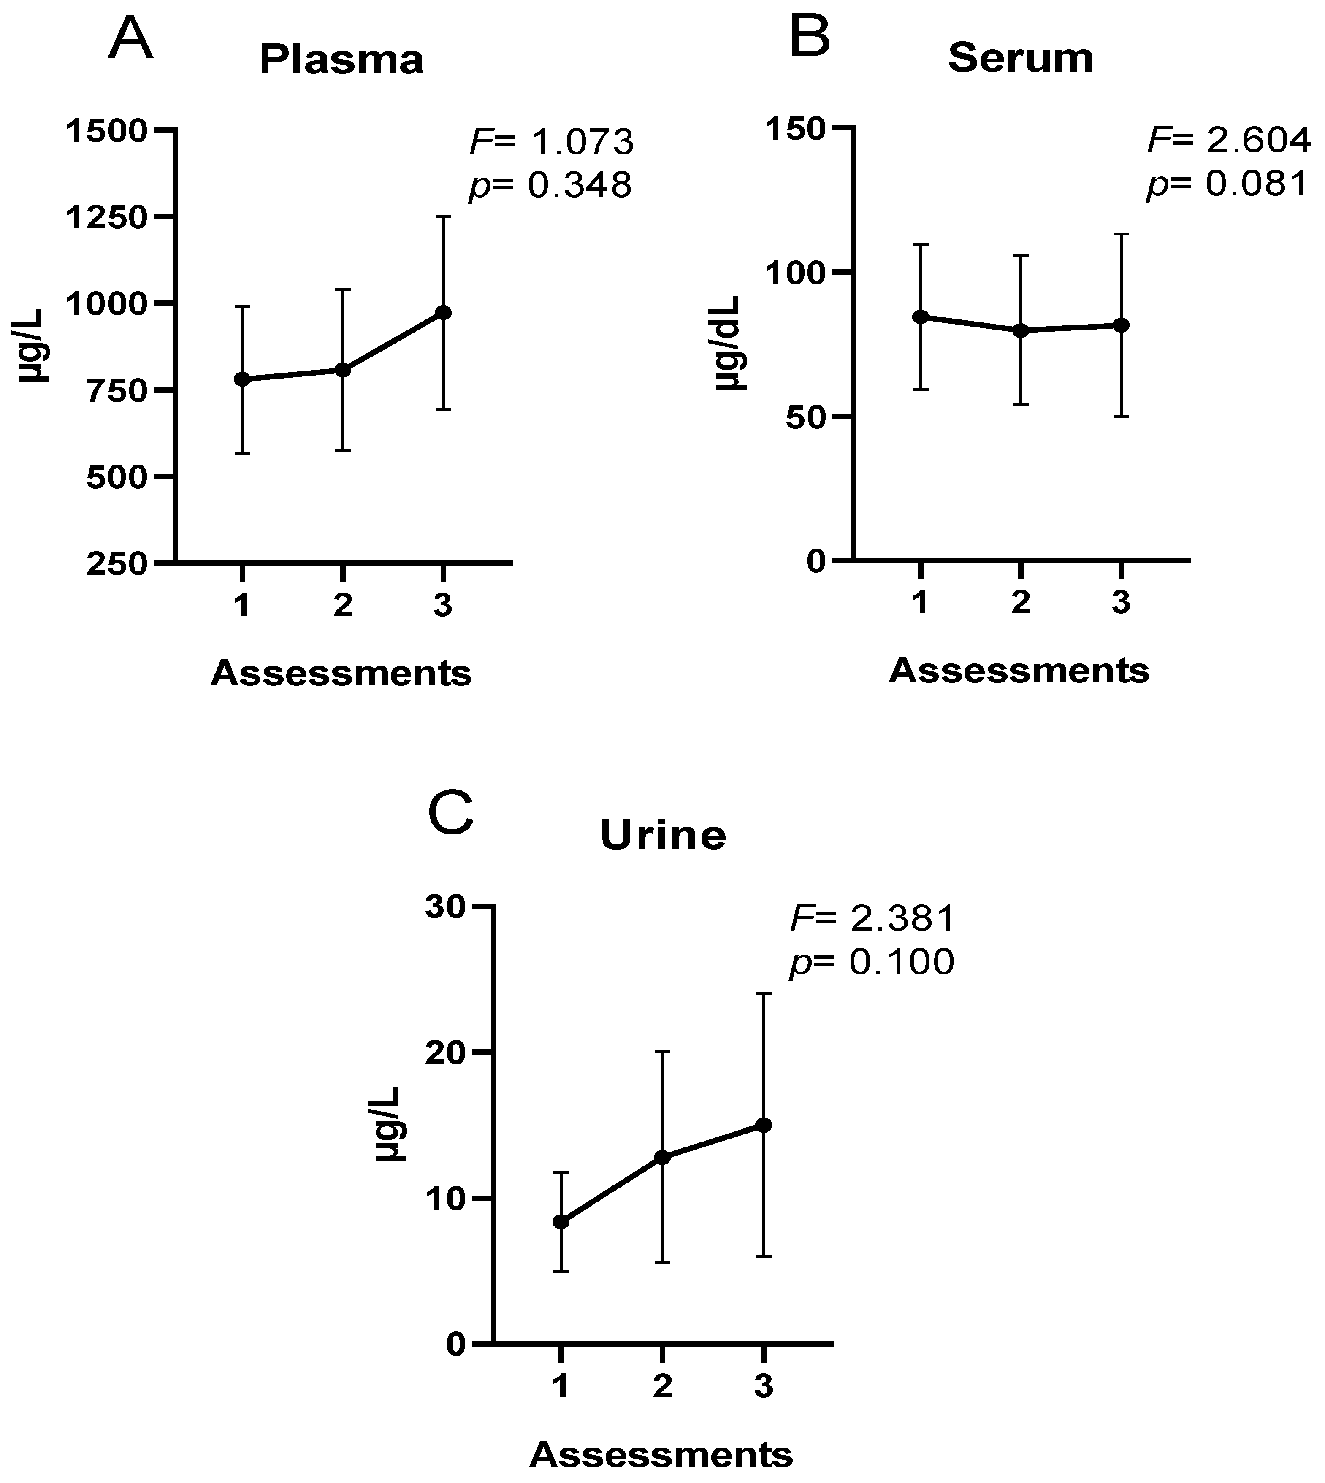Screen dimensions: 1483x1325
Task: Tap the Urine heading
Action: [x=663, y=835]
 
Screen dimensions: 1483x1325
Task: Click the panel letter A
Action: [x=130, y=40]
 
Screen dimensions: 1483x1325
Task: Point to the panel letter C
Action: [x=451, y=815]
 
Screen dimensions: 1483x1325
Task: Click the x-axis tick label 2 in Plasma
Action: [x=343, y=605]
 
